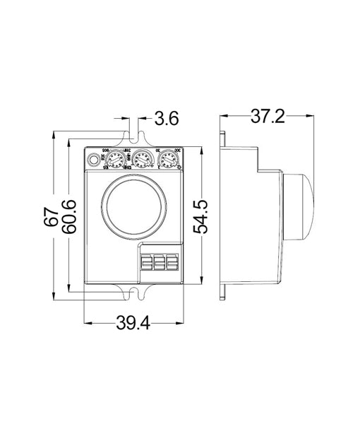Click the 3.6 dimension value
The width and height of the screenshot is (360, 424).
coord(166,119)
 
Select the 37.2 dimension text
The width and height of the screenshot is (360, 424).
coord(268,117)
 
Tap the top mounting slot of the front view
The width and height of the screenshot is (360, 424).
coord(134,139)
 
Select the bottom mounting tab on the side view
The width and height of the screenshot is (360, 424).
coord(222,292)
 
